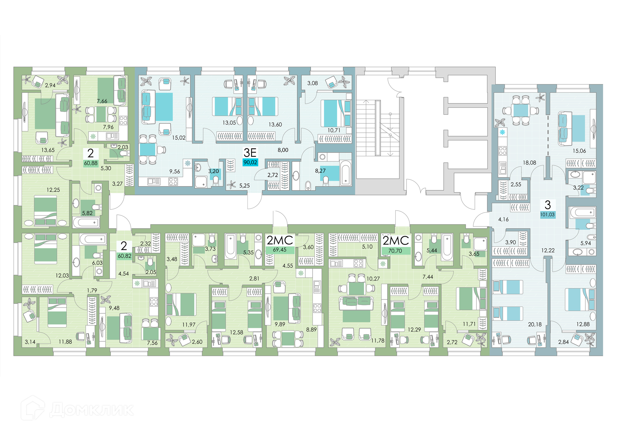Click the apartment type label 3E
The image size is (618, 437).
click(250, 152)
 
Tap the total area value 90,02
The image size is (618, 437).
click(250, 162)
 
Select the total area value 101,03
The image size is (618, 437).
click(548, 214)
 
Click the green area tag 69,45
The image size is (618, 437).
click(279, 250)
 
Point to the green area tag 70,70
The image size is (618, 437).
click(395, 251)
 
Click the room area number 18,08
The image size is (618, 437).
click(529, 163)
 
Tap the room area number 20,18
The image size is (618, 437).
click(535, 324)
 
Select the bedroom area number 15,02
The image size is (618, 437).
click(179, 138)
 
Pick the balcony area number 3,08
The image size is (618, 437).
click(312, 83)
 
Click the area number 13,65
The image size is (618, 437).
click(48, 150)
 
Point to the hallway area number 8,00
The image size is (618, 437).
click(283, 150)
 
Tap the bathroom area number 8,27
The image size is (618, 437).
click(320, 171)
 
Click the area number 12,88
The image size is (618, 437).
click(583, 324)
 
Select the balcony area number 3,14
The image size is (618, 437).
click(30, 342)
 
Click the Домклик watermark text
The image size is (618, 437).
click(92, 410)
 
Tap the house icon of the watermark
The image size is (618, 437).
click(33, 408)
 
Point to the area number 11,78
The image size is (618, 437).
click(378, 340)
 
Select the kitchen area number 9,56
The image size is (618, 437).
click(174, 172)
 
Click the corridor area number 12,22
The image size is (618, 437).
click(548, 250)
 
